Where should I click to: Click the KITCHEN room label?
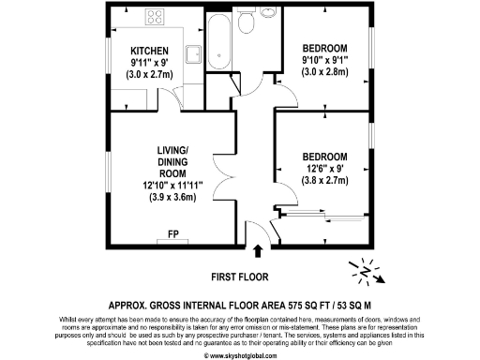click(x=149, y=51)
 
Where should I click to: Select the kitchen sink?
click(x=195, y=56)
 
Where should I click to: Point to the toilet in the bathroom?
click(x=247, y=23)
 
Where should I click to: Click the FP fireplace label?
click(x=174, y=232)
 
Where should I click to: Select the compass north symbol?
click(x=362, y=271)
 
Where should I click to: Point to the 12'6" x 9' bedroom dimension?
click(x=325, y=172)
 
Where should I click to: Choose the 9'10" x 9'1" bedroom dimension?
click(x=324, y=63)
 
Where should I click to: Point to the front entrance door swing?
click(x=250, y=231)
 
